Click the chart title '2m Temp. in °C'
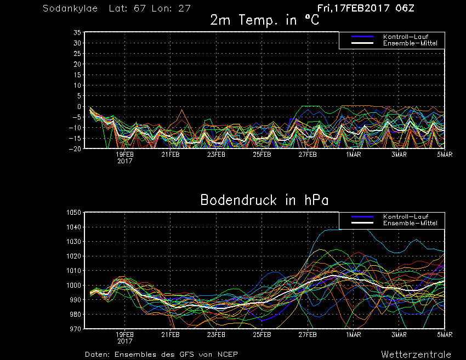tap(264, 20)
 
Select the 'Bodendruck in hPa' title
tap(264, 200)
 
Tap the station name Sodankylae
tap(70, 8)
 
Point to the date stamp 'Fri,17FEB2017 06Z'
tap(366, 8)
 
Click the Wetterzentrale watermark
tap(416, 355)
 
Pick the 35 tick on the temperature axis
tap(77, 32)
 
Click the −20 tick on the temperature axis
tap(75, 149)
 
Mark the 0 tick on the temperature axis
tap(79, 107)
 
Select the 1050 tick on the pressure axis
tap(73, 213)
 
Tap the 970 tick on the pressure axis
tap(76, 329)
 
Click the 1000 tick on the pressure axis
tap(73, 285)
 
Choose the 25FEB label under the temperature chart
tap(262, 155)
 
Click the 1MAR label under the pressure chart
tap(354, 335)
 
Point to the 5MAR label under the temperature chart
tap(445, 155)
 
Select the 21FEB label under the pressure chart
tap(171, 335)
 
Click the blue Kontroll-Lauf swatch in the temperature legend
tap(362, 37)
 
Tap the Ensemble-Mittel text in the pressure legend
tap(410, 223)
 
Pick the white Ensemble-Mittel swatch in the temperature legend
tap(362, 43)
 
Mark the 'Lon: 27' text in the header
tap(171, 8)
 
